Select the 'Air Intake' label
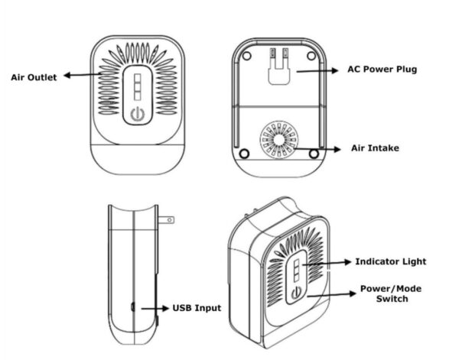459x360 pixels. pos(375,148)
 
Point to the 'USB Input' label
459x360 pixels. pos(197,308)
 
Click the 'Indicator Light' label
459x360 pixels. pos(390,261)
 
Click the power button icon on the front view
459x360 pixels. pos(137,115)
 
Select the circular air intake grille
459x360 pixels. pos(277,141)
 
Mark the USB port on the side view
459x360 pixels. pos(132,308)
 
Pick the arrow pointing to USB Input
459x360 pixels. pos(150,308)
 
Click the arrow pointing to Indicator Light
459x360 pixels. pos(327,263)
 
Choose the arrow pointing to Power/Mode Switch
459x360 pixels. pos(329,294)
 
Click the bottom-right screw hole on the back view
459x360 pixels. pos(314,153)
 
